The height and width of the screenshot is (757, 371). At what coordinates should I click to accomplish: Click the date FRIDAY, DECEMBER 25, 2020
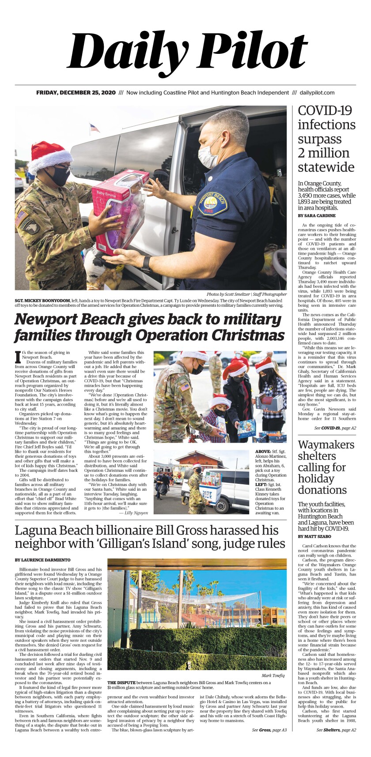[x=76, y=93]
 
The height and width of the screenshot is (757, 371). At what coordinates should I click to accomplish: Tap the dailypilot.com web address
[x=317, y=93]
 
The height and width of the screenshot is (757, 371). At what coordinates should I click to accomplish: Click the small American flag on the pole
[x=94, y=128]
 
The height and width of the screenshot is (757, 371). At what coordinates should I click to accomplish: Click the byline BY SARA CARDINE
[x=317, y=216]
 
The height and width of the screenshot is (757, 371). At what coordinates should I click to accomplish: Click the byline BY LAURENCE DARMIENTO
[x=42, y=560]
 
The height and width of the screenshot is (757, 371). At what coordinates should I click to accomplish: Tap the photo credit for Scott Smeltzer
[x=246, y=294]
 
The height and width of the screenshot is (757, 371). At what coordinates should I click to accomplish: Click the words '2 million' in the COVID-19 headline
[x=323, y=153]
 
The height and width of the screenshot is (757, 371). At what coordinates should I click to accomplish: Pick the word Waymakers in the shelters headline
[x=326, y=444]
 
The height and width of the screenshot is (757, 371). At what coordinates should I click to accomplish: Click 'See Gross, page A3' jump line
[x=269, y=730]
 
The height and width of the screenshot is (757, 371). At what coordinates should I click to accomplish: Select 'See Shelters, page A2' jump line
[x=336, y=730]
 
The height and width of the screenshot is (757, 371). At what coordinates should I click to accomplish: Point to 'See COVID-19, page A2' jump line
[x=335, y=428]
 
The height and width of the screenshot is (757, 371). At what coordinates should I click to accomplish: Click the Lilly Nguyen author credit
[x=136, y=513]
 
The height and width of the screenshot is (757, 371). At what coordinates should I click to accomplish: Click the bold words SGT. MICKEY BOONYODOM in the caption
[x=42, y=300]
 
